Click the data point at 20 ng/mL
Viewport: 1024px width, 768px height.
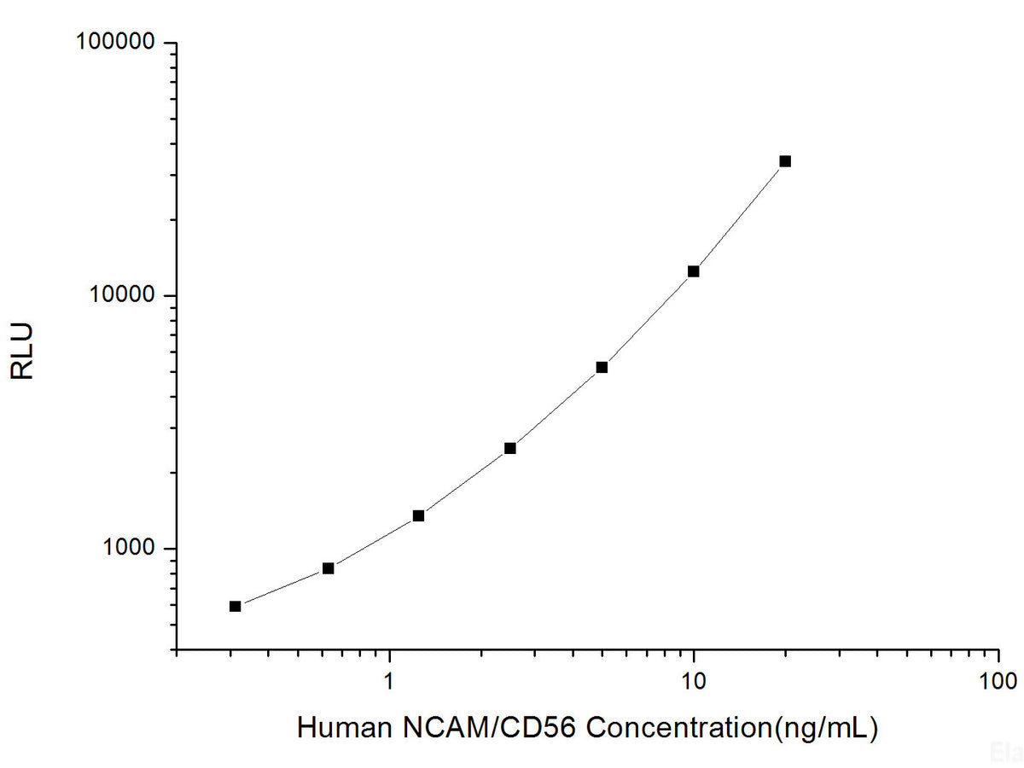tap(785, 161)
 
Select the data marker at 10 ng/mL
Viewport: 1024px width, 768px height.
tap(694, 271)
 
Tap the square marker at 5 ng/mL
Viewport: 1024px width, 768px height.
tap(602, 368)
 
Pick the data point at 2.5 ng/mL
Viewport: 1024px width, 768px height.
tap(510, 448)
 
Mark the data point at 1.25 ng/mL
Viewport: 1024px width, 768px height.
tap(418, 515)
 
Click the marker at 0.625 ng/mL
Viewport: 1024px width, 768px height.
tap(328, 568)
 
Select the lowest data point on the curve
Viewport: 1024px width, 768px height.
tap(236, 607)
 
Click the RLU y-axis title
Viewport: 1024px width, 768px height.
tap(23, 351)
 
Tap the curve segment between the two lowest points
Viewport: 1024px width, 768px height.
tap(282, 589)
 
